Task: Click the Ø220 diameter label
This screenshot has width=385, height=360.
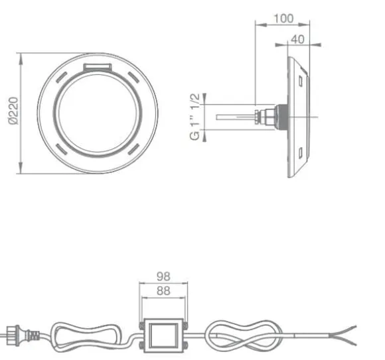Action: click(x=13, y=111)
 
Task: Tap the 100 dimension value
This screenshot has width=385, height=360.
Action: click(x=283, y=19)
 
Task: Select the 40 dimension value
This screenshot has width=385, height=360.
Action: click(x=297, y=39)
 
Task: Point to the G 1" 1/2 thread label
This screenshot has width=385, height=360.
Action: click(x=195, y=117)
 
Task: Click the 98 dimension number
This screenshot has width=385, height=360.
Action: click(x=163, y=276)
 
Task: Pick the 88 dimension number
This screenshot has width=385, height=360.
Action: click(x=163, y=291)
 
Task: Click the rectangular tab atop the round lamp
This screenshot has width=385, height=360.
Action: click(x=98, y=67)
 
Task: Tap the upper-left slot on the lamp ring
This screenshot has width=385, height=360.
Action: click(x=61, y=77)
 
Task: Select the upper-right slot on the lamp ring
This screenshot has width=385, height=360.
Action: click(x=134, y=77)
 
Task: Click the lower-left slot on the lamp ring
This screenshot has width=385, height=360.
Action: click(x=61, y=149)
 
